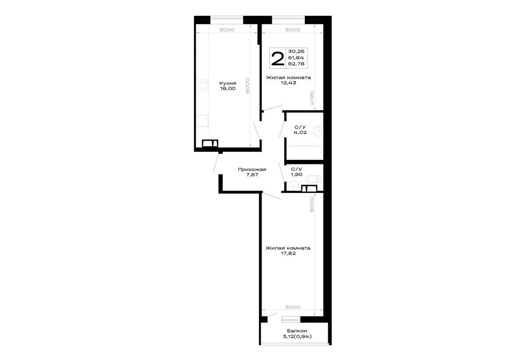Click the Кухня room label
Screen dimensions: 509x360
[x=228, y=83]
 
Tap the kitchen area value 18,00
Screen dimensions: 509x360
[x=228, y=89]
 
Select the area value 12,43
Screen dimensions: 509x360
[x=288, y=83]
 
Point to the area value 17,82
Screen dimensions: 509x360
[x=288, y=254]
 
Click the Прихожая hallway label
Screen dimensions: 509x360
[x=252, y=169]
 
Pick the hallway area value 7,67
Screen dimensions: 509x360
[x=252, y=175]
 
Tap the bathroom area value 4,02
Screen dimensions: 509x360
[x=300, y=132]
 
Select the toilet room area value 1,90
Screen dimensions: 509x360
[x=296, y=175]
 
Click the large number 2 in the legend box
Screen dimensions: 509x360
[x=277, y=59]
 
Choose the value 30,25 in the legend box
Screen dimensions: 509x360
[x=296, y=51]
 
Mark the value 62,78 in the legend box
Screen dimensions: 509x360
[x=296, y=64]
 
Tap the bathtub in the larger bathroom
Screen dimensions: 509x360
[x=304, y=153]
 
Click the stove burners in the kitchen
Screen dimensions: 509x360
[x=202, y=85]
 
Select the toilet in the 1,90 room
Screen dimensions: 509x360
[x=314, y=179]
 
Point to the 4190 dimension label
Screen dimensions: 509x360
[x=311, y=98]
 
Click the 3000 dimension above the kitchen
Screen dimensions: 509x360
[x=227, y=30]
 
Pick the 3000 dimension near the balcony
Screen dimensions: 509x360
[x=293, y=307]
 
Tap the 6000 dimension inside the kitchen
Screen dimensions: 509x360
[x=248, y=86]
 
